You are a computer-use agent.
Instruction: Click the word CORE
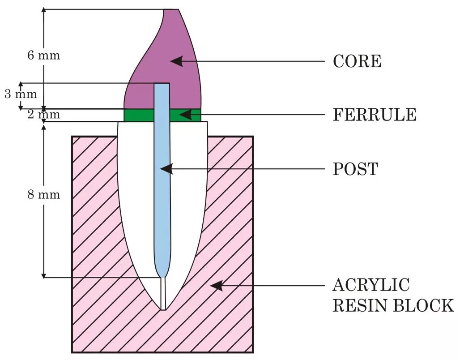357,61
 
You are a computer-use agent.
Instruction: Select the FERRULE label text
375,115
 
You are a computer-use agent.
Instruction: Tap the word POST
355,169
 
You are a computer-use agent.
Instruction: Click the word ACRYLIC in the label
371,285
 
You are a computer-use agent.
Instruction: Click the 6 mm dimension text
43,56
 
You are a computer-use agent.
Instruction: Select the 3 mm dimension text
21,94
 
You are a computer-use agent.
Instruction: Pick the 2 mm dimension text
43,115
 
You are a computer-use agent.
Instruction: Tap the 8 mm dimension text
43,195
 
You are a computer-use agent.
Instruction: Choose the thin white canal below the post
163,293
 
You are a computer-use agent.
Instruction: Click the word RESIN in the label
360,305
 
